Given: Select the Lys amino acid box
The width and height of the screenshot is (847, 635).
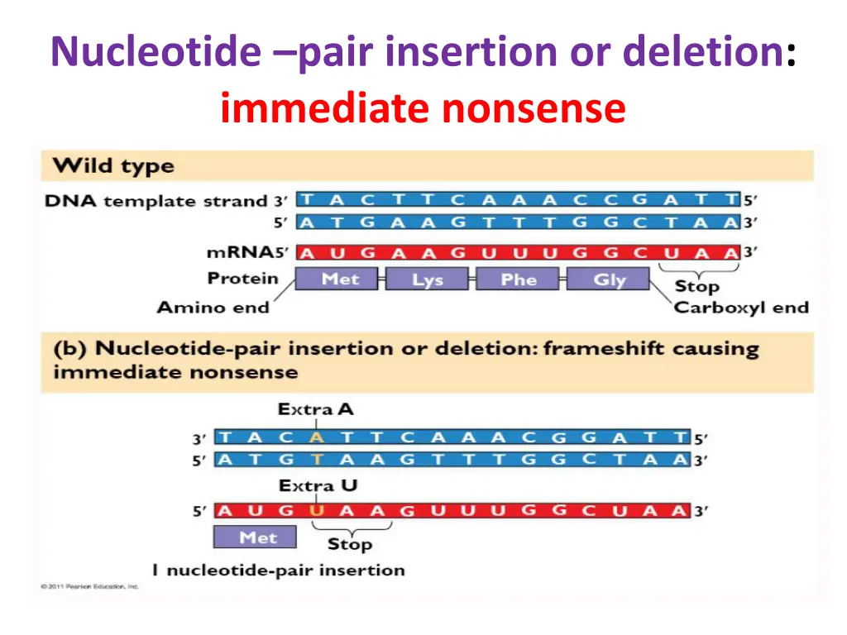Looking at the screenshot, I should click(427, 279).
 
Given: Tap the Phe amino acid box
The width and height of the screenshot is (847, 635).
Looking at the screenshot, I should click(519, 279).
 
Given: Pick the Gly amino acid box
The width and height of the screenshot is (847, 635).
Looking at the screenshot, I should click(610, 279).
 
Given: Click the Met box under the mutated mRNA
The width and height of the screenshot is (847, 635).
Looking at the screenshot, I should click(258, 537).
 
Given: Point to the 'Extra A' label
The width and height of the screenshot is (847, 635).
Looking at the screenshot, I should click(315, 409).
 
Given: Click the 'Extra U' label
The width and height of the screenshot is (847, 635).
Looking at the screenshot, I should click(318, 486).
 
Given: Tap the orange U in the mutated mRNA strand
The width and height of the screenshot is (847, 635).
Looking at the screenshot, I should click(315, 511).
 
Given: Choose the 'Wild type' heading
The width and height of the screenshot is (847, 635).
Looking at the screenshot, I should click(113, 166).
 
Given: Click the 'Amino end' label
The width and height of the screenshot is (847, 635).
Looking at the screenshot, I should click(213, 308).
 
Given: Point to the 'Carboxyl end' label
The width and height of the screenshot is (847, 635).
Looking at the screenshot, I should click(741, 308).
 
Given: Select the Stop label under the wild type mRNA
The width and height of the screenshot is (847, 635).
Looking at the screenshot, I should click(697, 287).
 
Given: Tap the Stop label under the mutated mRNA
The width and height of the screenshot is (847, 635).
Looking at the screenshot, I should click(350, 545).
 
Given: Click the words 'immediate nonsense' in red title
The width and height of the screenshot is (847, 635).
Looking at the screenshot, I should click(423, 108).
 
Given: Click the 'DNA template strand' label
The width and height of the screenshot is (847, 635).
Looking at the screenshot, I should click(156, 201).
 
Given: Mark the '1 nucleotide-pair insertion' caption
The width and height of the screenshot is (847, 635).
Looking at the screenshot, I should click(278, 570).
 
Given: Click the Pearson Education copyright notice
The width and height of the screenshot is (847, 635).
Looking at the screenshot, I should click(90, 587).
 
